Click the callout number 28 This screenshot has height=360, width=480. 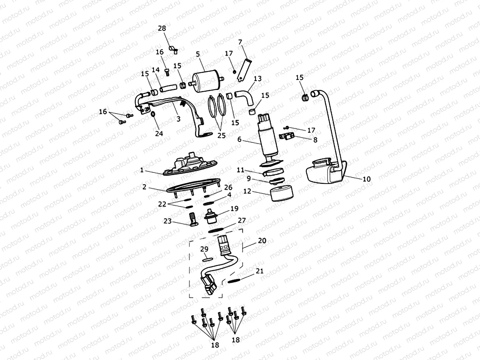162,28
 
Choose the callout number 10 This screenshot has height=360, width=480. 366,179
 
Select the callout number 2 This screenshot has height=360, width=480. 144,187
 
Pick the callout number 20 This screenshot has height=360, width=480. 262,240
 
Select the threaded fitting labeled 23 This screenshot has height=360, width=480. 192,218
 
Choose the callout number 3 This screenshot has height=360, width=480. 178,119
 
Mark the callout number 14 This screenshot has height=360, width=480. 155,70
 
